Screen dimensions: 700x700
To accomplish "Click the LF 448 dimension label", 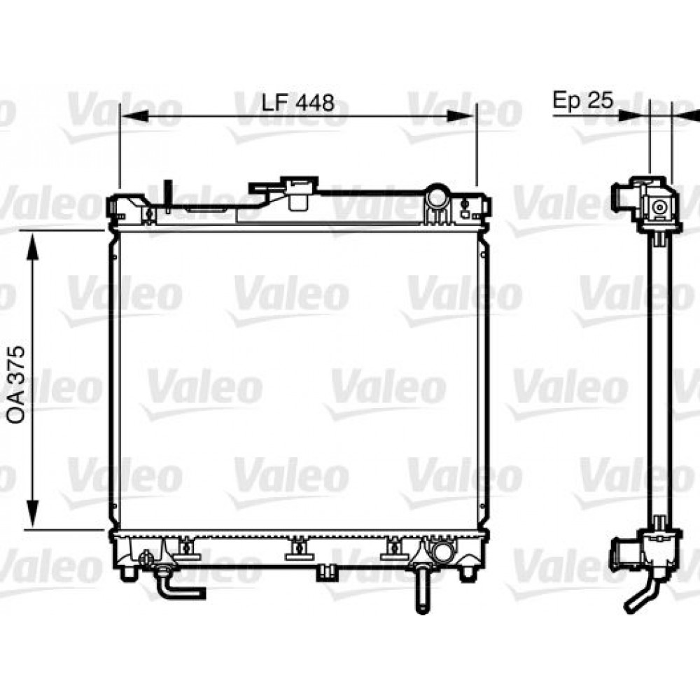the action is pyautogui.click(x=297, y=103).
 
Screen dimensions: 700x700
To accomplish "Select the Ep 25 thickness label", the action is pyautogui.click(x=582, y=100).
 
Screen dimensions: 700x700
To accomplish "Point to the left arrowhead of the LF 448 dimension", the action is pyautogui.click(x=134, y=116).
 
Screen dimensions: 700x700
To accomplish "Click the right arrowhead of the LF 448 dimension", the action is pyautogui.click(x=461, y=116).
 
